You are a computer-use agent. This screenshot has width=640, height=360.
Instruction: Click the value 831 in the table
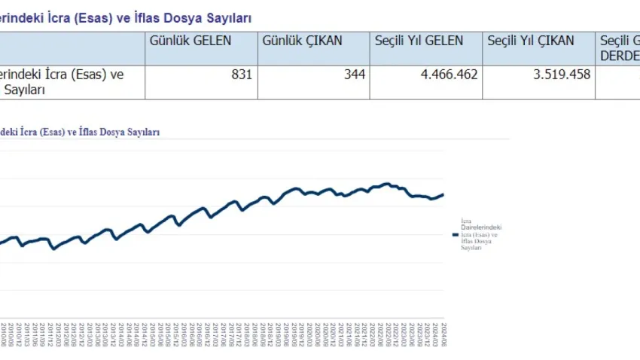242,75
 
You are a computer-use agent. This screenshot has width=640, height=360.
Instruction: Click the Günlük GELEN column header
191,41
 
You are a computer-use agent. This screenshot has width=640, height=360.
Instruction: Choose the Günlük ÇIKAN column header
302,41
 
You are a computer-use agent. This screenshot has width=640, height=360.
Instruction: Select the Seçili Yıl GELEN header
419,41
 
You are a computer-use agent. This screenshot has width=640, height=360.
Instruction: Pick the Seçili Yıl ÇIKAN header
531,41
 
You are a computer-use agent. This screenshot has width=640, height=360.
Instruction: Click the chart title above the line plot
80,132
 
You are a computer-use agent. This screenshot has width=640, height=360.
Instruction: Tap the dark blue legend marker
455,234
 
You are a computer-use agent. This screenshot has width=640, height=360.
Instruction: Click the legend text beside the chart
480,234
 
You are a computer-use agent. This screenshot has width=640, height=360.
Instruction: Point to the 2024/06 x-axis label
444,333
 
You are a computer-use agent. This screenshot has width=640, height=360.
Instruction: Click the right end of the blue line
443,194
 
